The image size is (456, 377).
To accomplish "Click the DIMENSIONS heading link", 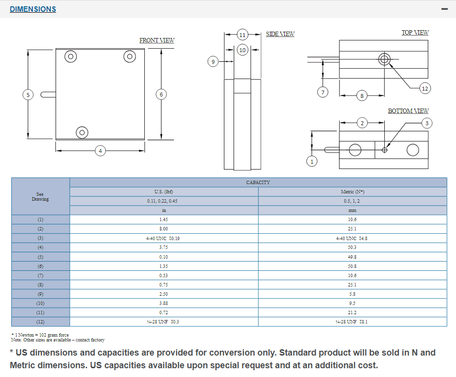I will point(33,9).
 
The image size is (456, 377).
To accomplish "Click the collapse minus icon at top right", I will point(444,9).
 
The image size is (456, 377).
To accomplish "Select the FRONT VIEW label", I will point(157,40).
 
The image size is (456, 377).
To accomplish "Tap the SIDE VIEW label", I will point(280,34).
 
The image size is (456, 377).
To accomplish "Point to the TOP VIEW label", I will point(415,33).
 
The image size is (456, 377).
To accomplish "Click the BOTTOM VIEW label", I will point(408,111).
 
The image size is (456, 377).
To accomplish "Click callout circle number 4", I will point(100,151).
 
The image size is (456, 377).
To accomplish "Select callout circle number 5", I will point(28,94).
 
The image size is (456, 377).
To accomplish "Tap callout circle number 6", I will point(161,94).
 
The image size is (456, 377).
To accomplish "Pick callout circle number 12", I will point(425,88).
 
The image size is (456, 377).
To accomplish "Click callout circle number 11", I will point(242,35).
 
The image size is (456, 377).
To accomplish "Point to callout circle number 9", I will point(213,62).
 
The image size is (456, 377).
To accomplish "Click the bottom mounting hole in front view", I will point(82,132).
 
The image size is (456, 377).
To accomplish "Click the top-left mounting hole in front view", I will point(71,57).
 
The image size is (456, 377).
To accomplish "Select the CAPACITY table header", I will point(258,182).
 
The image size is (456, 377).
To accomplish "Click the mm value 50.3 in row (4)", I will point(352,247).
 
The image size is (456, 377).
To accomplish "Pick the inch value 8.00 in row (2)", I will point(164,229).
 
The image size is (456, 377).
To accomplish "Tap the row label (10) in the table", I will point(40,303).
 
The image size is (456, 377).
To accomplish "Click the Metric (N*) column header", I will point(352,192).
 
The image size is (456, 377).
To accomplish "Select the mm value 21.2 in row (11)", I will point(352,312).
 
